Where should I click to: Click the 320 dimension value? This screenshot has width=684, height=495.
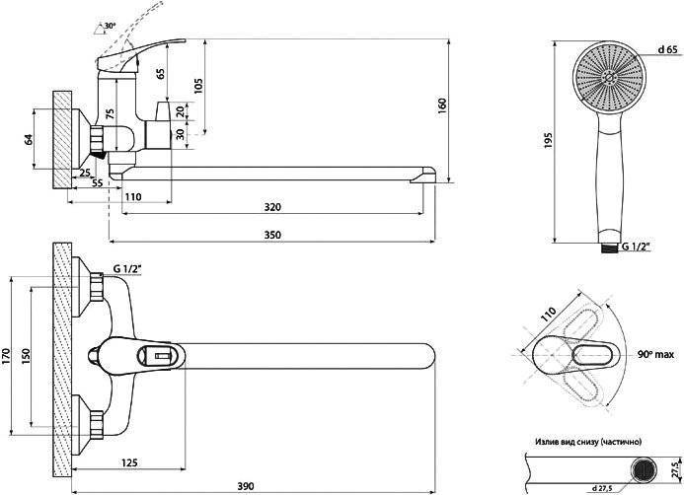tap(272, 207)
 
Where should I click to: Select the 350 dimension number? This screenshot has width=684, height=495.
tap(272, 235)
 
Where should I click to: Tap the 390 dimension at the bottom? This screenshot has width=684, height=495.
tap(246, 486)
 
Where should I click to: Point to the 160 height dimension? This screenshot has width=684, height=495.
tap(441, 106)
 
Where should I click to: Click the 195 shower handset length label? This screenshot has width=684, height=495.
tap(548, 140)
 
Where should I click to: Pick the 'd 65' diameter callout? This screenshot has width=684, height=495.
tap(668, 49)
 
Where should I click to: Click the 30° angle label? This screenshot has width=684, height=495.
tap(111, 26)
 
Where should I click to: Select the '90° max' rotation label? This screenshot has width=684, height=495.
tap(655, 354)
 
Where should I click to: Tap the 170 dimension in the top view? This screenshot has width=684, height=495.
tap(6, 356)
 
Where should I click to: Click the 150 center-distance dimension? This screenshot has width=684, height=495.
tap(26, 356)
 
